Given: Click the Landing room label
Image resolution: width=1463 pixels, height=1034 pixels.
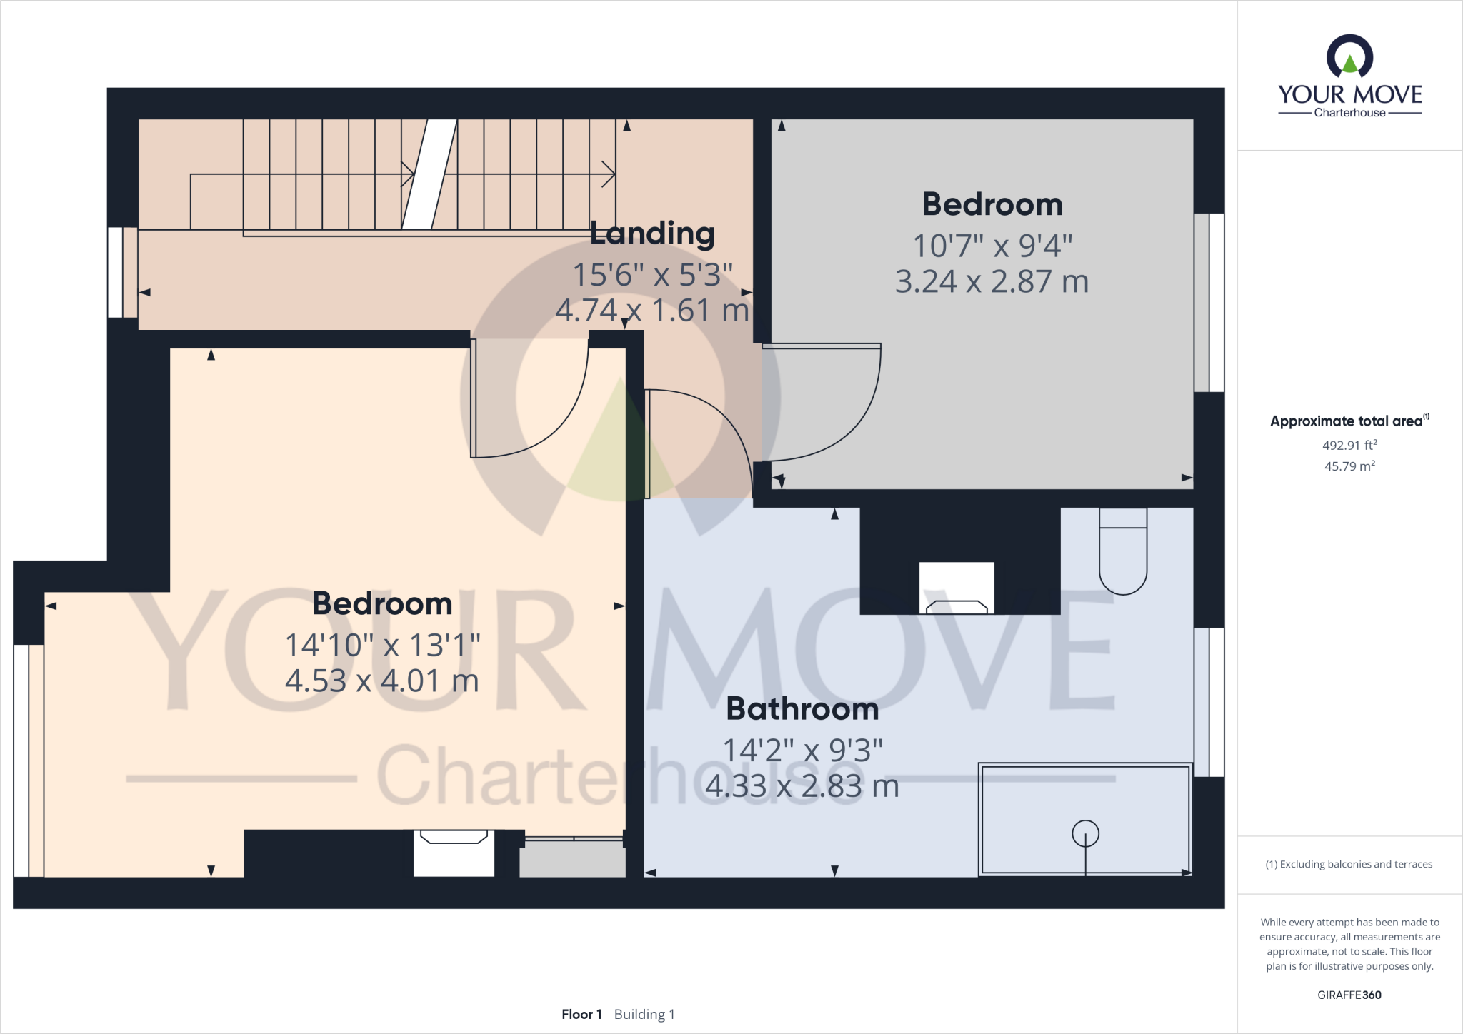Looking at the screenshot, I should (652, 234).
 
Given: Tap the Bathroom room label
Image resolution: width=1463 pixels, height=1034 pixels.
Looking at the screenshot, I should (802, 708).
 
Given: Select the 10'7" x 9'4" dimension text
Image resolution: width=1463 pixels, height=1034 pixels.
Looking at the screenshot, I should (992, 246).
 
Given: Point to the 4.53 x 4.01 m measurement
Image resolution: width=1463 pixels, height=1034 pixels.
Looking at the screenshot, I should (382, 681).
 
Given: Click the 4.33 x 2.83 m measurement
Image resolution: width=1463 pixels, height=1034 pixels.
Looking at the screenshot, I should (802, 786).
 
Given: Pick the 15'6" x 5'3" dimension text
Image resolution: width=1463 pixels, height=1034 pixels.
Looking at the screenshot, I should (652, 274).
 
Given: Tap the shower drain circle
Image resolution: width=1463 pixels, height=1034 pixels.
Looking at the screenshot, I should (1085, 833).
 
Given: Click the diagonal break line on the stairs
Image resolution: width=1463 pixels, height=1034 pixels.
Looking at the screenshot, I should (429, 174).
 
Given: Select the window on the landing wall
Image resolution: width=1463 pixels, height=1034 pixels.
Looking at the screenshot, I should (123, 272).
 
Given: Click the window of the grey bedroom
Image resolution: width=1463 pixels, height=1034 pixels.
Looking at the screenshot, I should (1209, 302).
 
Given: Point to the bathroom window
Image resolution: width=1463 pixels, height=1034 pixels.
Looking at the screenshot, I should (1209, 702).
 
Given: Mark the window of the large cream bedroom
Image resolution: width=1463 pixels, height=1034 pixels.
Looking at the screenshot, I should (29, 761).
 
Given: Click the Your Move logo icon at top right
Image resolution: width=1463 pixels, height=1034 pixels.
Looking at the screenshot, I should (1349, 57).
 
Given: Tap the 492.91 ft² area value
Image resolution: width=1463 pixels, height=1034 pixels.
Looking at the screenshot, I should (1349, 445).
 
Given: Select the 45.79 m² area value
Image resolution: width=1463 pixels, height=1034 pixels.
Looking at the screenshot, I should (1349, 466).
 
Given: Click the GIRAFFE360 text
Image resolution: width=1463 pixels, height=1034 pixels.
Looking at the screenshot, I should (1349, 995).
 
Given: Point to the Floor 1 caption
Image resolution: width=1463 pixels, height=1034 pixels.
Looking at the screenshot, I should (581, 1014).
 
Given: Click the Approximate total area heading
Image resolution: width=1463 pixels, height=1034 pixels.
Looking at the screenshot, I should (1347, 421).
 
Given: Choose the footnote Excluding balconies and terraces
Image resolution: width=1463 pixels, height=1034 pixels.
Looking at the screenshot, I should (1349, 864).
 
